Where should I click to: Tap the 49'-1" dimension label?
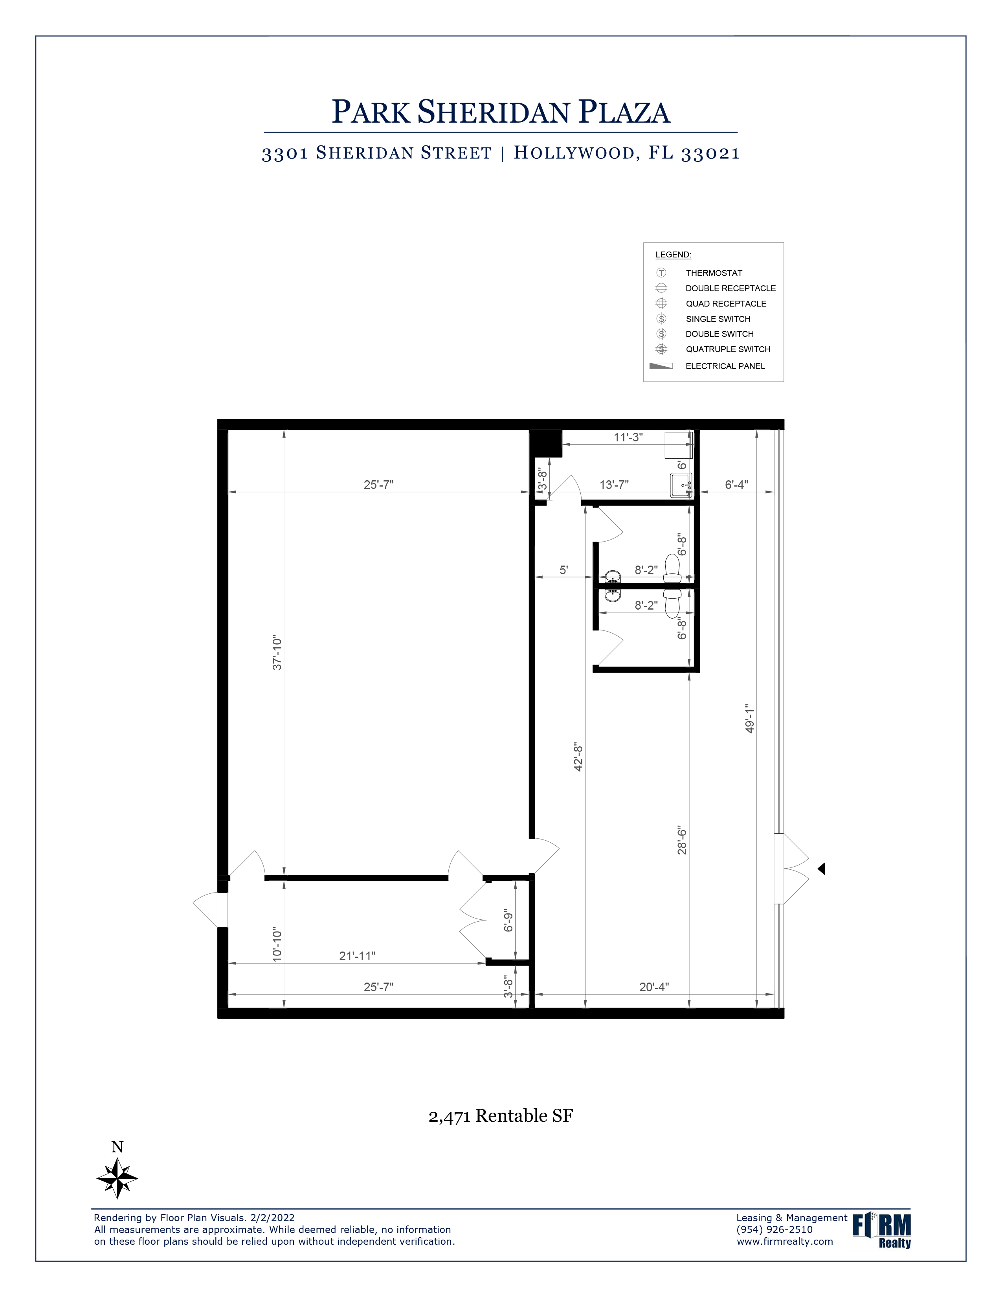(750, 719)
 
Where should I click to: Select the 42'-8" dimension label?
(579, 756)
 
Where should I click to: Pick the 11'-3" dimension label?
(628, 437)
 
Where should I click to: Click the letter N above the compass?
(117, 1147)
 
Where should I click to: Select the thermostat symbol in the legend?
(661, 273)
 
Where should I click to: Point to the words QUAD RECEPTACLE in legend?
(726, 303)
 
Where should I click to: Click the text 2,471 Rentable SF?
(500, 1116)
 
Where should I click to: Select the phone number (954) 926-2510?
(774, 1229)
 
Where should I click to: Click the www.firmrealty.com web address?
(785, 1241)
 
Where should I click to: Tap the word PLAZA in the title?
(624, 112)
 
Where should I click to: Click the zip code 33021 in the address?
(710, 153)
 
